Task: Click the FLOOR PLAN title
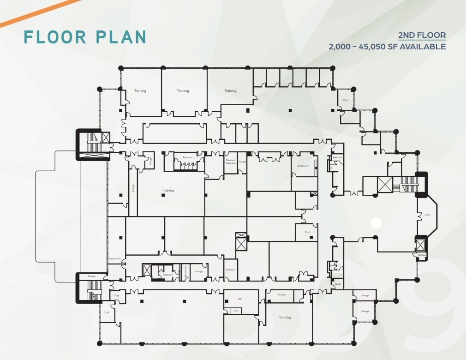(x=85, y=37)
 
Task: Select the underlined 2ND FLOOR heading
(x=422, y=36)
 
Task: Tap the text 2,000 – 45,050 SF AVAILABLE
(x=387, y=47)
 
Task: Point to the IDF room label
(x=239, y=299)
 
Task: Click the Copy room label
(x=116, y=295)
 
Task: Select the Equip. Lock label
(x=115, y=258)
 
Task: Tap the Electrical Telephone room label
(x=230, y=162)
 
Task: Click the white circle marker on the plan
(x=376, y=223)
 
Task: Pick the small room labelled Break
(x=338, y=284)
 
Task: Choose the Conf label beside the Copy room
(x=106, y=312)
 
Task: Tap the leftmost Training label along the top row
(x=140, y=91)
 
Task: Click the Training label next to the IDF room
(x=285, y=317)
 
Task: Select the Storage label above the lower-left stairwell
(x=91, y=276)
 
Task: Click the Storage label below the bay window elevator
(x=422, y=255)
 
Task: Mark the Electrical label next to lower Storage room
(x=230, y=270)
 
